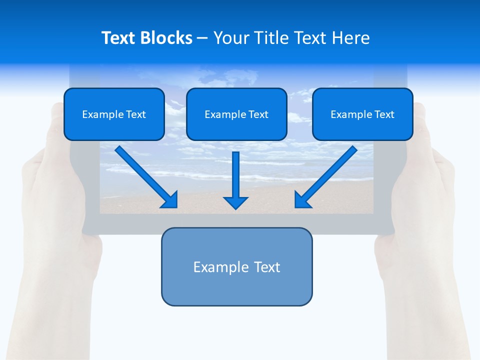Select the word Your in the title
coord(232,38)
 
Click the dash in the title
coord(202,38)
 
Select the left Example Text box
coord(114,114)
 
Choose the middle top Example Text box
coord(236,114)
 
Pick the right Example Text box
coord(362,114)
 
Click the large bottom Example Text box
coord(236,266)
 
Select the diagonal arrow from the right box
coord(328,175)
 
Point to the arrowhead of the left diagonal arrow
coord(170,200)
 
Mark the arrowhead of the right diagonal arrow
coord(302,200)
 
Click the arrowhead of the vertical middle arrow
coord(235,202)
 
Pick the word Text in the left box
coord(136,114)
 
